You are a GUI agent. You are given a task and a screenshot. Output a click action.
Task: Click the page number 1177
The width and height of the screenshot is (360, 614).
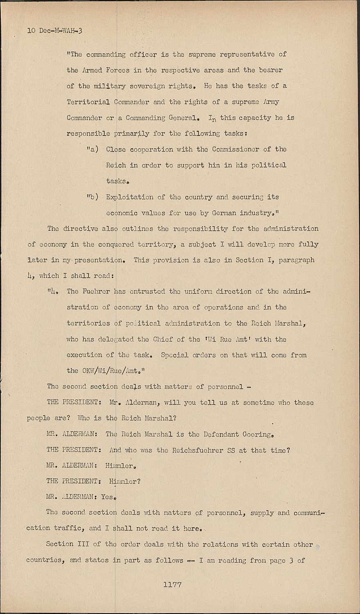click(x=172, y=585)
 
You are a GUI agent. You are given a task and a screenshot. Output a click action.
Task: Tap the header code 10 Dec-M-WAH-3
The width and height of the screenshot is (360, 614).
click(x=55, y=30)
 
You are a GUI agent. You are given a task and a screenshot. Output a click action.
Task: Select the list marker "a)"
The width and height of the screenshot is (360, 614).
click(x=92, y=149)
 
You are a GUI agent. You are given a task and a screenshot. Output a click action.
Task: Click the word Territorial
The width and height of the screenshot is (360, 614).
click(x=88, y=102)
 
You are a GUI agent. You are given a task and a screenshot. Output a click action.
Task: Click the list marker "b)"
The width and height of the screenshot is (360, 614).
click(x=92, y=197)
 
